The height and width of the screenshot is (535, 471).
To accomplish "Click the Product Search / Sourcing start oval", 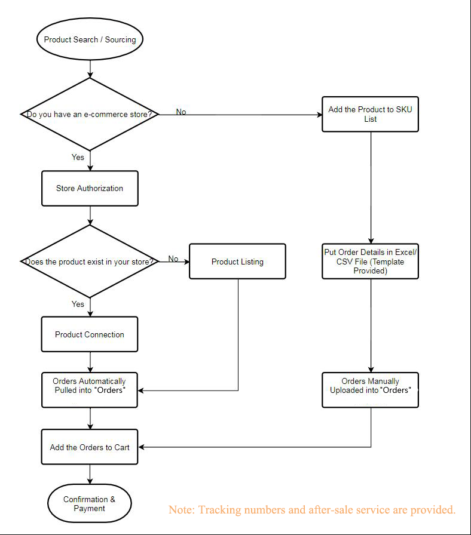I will [90, 40].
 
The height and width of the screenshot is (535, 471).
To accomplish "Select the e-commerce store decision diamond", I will [90, 113].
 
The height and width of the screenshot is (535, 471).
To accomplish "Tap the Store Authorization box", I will [90, 188].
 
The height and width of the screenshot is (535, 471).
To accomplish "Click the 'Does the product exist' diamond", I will [90, 261].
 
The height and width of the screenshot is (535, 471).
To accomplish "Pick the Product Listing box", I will [237, 262].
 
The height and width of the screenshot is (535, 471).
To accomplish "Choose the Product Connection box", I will [90, 334].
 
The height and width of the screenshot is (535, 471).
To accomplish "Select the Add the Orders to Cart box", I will [90, 447].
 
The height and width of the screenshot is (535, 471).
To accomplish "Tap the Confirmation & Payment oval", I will [90, 504].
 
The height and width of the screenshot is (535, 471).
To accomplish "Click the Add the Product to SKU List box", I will [370, 114].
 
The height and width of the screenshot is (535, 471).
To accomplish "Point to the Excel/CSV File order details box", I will [370, 261].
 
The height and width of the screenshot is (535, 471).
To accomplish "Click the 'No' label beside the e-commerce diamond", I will [181, 112].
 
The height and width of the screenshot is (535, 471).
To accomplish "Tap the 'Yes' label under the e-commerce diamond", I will [78, 157].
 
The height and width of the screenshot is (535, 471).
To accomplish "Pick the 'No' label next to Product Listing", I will [173, 259].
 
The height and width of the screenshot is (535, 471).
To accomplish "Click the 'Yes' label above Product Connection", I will [78, 304].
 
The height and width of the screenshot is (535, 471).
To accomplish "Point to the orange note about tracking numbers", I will [312, 509].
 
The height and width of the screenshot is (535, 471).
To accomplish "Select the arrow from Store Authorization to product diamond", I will [90, 215].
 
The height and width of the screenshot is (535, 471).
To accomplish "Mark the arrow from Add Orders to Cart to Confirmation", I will [90, 474].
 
